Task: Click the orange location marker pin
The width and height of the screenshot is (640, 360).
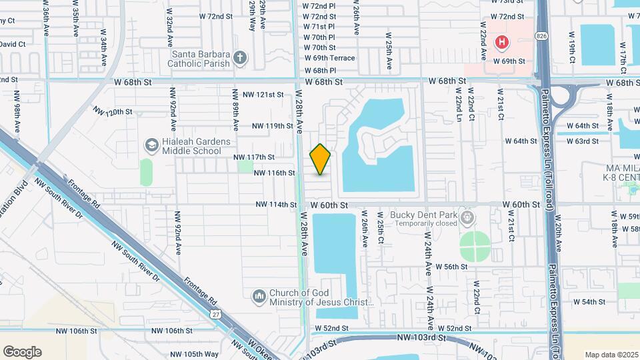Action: tap(321, 159)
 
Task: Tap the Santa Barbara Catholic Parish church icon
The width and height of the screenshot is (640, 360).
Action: tap(241, 59)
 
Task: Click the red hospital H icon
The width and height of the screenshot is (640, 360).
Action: tap(502, 43)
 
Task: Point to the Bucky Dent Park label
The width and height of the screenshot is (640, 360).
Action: tap(426, 215)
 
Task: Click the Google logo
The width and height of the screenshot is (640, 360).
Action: tap(22, 351)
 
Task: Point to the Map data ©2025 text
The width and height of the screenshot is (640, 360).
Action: tap(611, 354)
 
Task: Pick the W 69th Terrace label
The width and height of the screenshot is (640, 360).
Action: tap(329, 59)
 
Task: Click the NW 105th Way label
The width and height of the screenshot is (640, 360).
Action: tap(193, 354)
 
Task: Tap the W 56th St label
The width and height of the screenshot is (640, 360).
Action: tap(451, 267)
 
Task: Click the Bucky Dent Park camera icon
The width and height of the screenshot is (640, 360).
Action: tap(467, 218)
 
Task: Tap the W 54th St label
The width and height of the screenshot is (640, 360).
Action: tap(588, 302)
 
